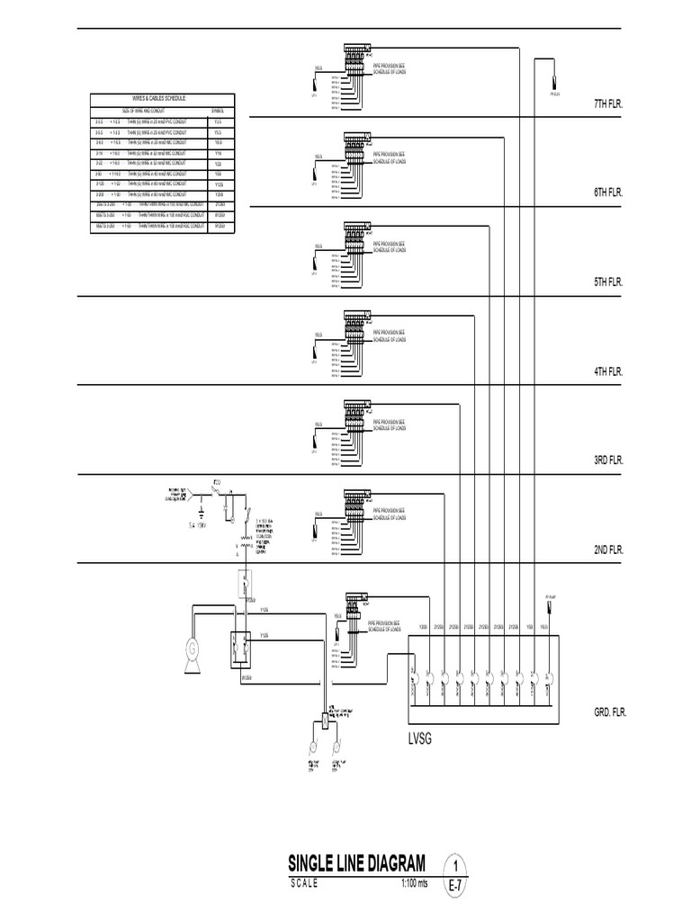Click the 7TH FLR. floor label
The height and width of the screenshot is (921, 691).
[608, 104]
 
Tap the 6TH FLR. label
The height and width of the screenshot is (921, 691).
[608, 192]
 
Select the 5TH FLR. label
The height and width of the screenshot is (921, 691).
[608, 282]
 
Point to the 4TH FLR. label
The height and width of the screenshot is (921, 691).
[608, 371]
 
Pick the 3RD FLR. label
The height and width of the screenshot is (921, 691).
[608, 460]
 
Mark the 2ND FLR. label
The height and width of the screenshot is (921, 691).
[608, 549]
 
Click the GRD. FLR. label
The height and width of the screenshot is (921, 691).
[608, 711]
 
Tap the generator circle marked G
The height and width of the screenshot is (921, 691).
[191, 648]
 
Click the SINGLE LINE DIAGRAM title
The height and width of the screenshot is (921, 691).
[357, 864]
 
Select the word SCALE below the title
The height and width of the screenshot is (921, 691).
[304, 882]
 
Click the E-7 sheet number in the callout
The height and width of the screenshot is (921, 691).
[456, 887]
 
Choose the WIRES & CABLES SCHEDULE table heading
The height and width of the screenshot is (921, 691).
[162, 98]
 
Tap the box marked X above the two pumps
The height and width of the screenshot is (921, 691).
[324, 720]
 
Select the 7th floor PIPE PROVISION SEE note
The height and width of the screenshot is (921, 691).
[390, 67]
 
